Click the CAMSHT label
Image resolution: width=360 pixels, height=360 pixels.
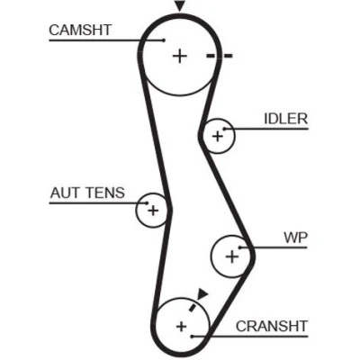[x=80, y=30]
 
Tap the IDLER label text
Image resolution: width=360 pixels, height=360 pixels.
[x=286, y=119]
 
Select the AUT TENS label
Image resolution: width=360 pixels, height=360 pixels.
[x=87, y=193]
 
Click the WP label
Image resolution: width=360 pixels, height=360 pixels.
[x=296, y=238]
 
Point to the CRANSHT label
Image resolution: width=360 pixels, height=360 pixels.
[x=272, y=326]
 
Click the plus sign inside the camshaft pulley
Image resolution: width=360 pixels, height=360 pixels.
[x=180, y=56]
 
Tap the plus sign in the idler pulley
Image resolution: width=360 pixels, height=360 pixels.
[x=218, y=137]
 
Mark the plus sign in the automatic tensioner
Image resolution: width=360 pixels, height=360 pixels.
[x=153, y=211]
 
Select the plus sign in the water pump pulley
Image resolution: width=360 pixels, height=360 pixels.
[x=231, y=256]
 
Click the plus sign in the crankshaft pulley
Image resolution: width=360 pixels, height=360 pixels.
[x=181, y=326]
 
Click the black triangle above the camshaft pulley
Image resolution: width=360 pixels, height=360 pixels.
[x=179, y=6]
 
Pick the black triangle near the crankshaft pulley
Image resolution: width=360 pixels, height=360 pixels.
[x=202, y=293]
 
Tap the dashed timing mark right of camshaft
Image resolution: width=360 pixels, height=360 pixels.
[x=220, y=56]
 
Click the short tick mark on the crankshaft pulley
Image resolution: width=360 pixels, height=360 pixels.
[x=192, y=307]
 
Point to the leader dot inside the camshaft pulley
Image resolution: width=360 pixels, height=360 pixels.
[x=164, y=40]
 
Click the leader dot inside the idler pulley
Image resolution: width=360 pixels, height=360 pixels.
[x=224, y=129]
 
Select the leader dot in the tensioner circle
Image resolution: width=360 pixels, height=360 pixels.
[x=147, y=203]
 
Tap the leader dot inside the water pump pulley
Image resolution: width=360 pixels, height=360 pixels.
[x=240, y=247]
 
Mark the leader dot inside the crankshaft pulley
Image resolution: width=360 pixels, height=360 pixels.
[x=193, y=337]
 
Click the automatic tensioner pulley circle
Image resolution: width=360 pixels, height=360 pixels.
[x=136, y=211]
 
